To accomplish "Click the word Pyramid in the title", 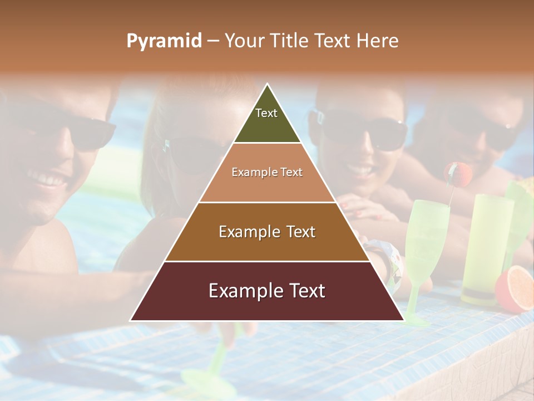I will (x=164, y=41).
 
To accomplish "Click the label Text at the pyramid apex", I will (x=266, y=113).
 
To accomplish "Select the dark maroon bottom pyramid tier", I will (x=267, y=304).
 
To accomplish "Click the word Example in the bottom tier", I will (x=243, y=291).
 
